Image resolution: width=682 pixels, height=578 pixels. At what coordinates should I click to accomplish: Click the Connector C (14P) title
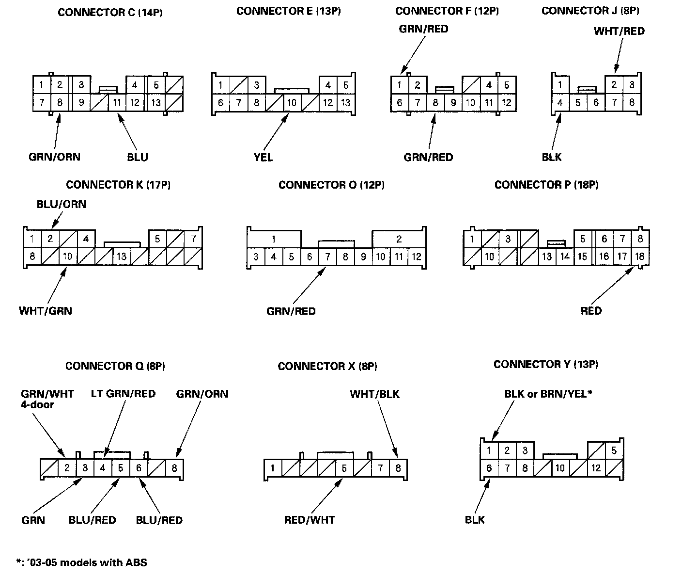coord(110,13)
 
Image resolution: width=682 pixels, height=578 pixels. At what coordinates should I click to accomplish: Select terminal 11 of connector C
coord(117,103)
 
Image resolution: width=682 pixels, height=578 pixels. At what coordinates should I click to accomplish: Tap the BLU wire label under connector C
coord(138,157)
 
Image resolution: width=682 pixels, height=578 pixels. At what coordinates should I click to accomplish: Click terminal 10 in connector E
coord(292,103)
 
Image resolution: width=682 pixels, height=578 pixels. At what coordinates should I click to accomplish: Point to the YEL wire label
coord(263,157)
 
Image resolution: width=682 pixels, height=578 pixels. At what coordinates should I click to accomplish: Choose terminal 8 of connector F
coord(435,103)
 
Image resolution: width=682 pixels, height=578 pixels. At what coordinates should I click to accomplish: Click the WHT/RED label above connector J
coord(619,32)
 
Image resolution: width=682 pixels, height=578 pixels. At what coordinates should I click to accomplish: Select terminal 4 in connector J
coord(560,103)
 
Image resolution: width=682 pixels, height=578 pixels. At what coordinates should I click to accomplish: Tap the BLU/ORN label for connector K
coord(62,204)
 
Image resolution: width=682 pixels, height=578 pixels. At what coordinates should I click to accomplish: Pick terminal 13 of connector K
coord(121,257)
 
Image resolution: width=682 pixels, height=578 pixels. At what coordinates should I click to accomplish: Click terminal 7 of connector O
coord(327,257)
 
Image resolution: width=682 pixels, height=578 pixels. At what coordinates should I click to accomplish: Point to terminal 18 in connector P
coord(640,256)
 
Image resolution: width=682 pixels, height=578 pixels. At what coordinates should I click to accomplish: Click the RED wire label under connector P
coord(591,310)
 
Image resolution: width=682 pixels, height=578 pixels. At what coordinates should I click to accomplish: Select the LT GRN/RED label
coord(123,393)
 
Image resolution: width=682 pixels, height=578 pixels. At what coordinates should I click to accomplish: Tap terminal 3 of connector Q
coord(85,468)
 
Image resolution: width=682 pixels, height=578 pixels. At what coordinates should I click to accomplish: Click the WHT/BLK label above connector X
coord(374,394)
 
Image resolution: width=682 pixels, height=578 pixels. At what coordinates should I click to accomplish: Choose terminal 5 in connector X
coord(344,468)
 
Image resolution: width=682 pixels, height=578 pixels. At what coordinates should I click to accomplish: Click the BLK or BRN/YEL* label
coord(548,394)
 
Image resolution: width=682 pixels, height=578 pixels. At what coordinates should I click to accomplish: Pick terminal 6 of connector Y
coord(489,468)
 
